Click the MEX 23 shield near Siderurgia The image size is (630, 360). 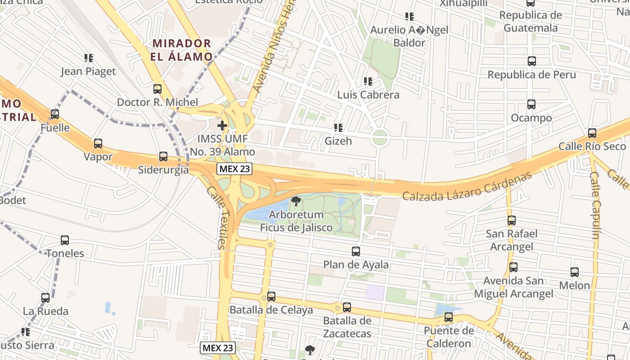(x=234, y=169)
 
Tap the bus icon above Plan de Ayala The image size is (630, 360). (x=356, y=252)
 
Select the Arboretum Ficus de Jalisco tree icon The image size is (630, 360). (x=296, y=201)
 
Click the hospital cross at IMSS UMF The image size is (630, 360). (x=222, y=125)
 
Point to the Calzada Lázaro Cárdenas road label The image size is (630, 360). (x=467, y=187)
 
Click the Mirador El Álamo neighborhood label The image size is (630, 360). (x=182, y=50)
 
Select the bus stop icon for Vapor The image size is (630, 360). (x=98, y=144)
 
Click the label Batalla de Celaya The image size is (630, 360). (x=271, y=310)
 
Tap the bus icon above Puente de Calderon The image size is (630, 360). (x=448, y=317)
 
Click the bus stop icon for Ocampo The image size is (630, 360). (x=531, y=105)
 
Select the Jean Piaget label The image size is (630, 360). (x=88, y=72)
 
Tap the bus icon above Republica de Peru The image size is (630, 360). (x=531, y=61)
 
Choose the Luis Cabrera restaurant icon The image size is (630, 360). (x=368, y=81)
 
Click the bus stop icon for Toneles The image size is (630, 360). (x=65, y=240)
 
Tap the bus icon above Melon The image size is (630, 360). (x=574, y=272)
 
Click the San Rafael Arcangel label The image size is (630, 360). (x=511, y=240)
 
